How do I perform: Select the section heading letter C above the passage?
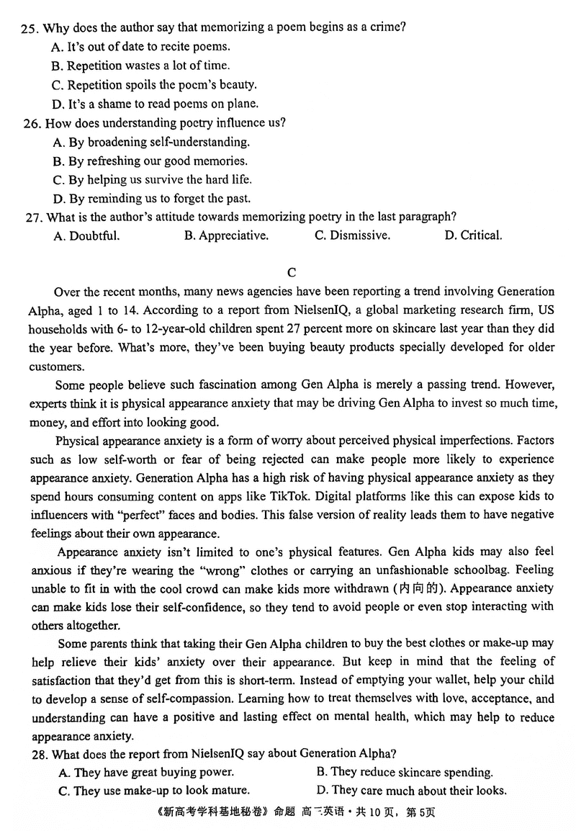[x=291, y=272]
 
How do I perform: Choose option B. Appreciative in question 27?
[x=225, y=235]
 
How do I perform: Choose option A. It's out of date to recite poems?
[x=141, y=47]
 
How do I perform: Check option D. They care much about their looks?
[x=411, y=791]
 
